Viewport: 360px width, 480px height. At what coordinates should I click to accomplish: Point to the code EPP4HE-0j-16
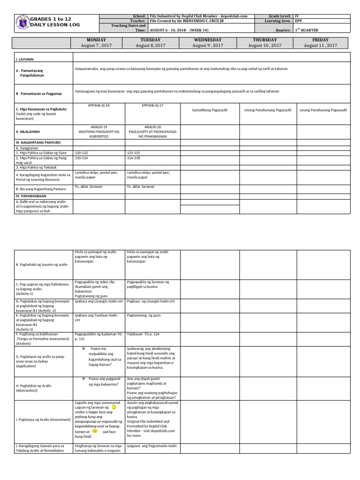98,106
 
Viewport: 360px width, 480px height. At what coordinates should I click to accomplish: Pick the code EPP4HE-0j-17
152,106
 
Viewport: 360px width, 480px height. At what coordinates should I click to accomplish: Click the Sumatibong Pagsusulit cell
209,110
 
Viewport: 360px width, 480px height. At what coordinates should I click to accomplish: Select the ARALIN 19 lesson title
98,127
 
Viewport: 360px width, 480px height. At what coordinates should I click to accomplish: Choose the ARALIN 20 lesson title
152,127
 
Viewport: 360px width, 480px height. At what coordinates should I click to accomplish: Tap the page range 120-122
82,153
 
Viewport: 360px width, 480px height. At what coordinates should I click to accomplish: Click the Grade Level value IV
297,16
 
